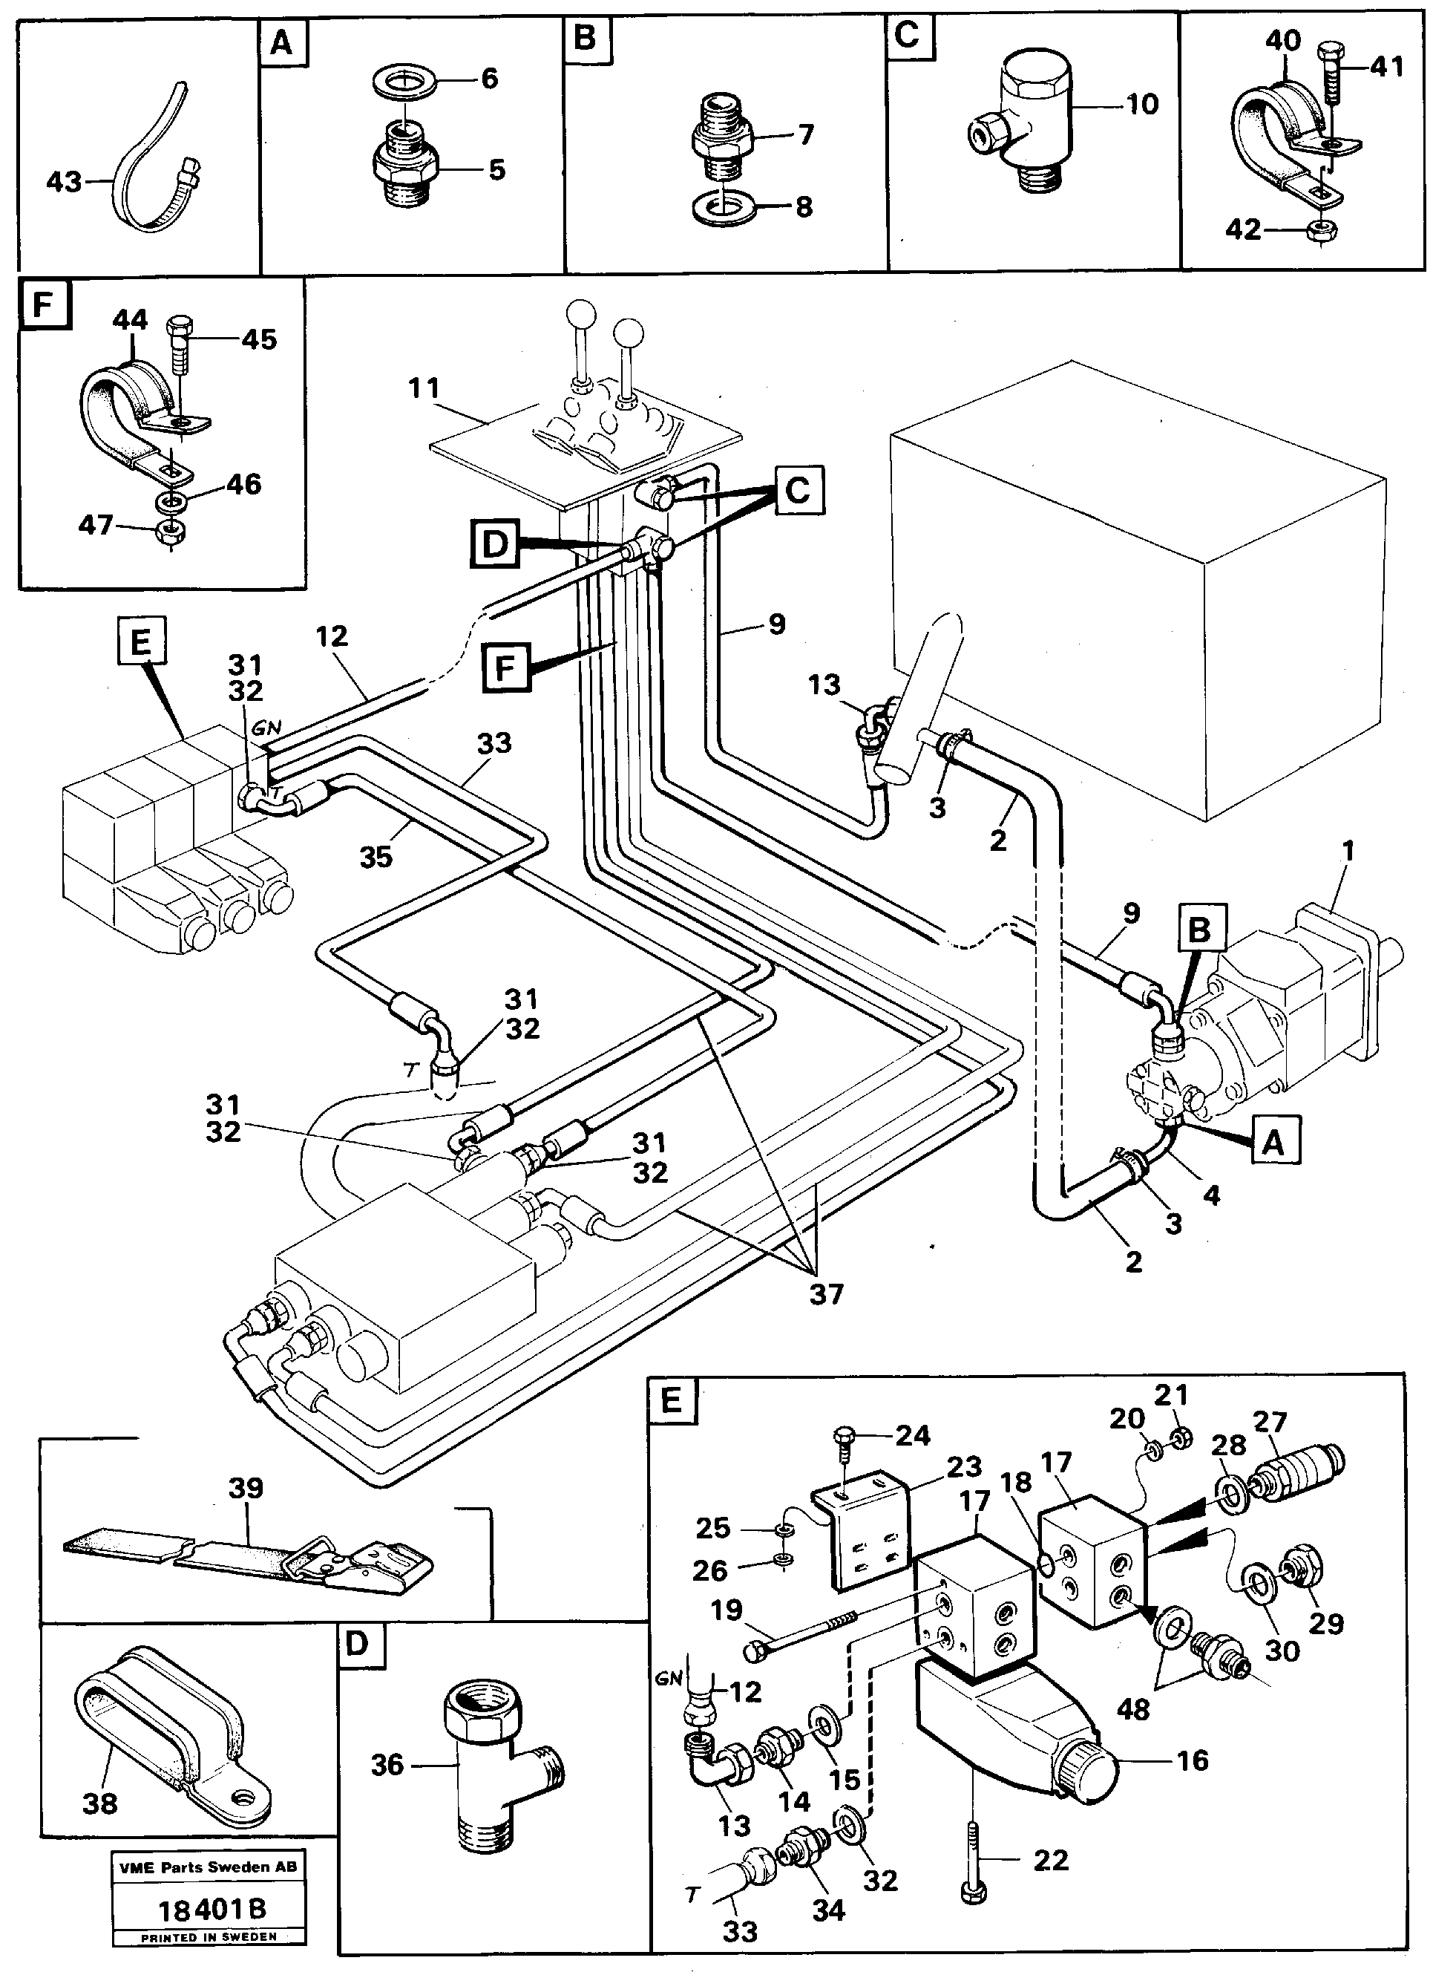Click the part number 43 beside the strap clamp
(x=63, y=182)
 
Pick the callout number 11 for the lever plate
(x=424, y=388)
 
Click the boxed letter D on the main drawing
(x=494, y=545)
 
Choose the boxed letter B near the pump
(x=1199, y=930)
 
